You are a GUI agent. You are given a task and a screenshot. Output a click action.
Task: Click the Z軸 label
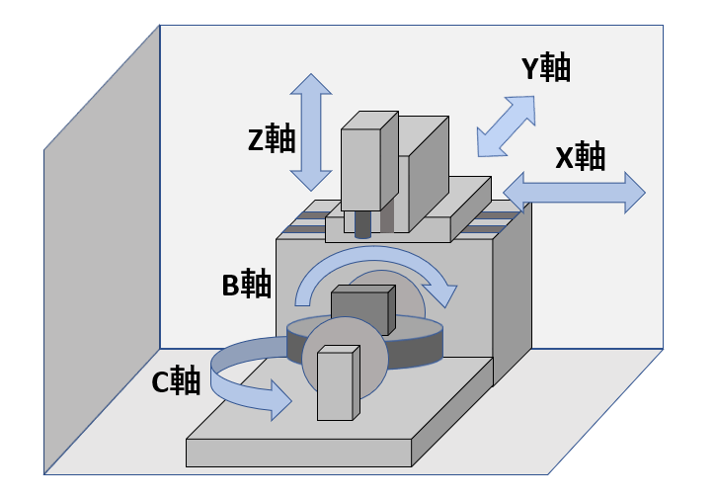[x=272, y=139]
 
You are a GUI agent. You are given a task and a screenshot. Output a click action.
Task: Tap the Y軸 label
[x=545, y=68]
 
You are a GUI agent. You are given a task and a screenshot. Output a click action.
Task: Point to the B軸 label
[x=246, y=285]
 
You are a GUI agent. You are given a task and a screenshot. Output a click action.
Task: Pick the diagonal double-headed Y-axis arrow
[x=506, y=125]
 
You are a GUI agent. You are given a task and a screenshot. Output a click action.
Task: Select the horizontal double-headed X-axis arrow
[x=574, y=192]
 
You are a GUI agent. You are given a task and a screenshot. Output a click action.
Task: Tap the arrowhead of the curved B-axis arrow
[x=447, y=293]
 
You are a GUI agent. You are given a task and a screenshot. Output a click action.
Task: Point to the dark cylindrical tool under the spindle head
[x=362, y=224]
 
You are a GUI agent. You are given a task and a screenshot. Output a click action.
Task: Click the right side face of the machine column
[x=512, y=296]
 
